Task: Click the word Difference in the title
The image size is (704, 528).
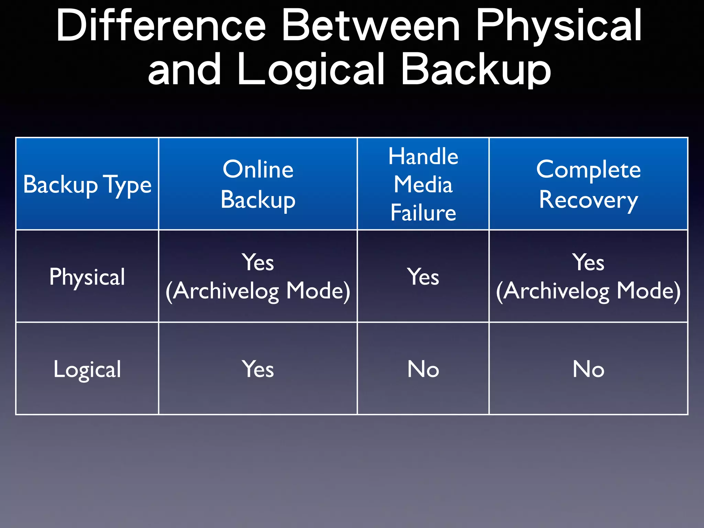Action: (x=161, y=26)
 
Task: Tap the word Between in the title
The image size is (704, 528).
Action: (x=371, y=26)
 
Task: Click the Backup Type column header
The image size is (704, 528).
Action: (x=87, y=185)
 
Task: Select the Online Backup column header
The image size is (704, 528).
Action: (x=258, y=184)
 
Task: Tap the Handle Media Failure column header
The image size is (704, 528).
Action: (x=423, y=184)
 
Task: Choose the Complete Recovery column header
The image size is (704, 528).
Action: (x=588, y=184)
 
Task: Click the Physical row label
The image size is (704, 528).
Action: (x=87, y=277)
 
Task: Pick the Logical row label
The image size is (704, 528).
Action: (x=87, y=369)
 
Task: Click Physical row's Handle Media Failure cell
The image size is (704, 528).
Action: (x=423, y=277)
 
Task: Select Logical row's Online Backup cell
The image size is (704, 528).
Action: (x=258, y=369)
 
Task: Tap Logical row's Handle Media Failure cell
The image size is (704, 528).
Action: (x=423, y=369)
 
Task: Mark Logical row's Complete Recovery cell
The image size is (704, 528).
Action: (x=588, y=369)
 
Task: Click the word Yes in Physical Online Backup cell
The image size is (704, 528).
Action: (x=258, y=263)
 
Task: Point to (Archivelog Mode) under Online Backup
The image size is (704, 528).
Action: (x=258, y=291)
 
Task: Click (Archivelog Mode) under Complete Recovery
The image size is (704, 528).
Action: (x=588, y=291)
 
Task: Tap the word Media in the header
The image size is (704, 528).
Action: (x=423, y=184)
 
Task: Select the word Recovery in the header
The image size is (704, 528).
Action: (x=588, y=200)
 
